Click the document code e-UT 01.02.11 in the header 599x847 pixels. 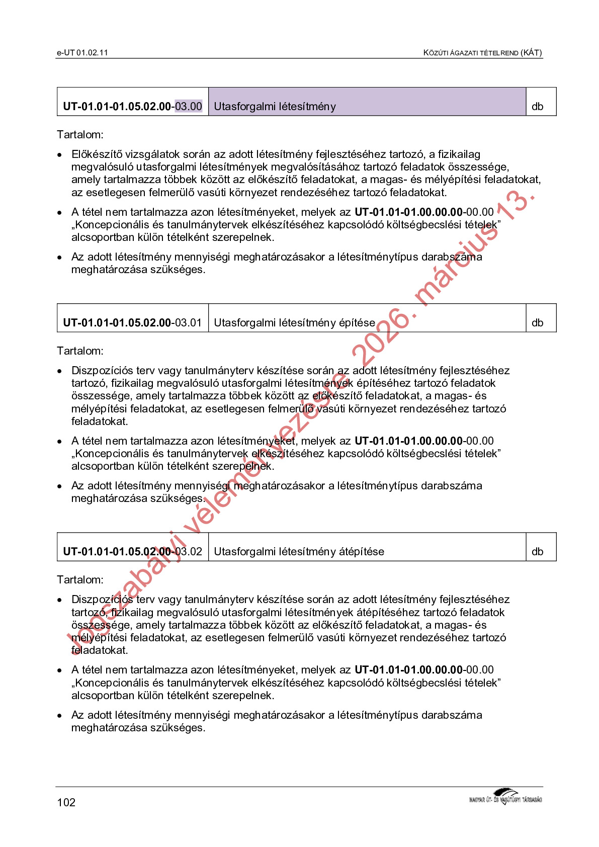tap(82, 52)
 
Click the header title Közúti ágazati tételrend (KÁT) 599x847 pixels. tap(482, 52)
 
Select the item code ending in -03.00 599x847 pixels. tap(133, 106)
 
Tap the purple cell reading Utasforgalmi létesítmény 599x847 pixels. tap(367, 102)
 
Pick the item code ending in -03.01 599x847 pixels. tap(133, 322)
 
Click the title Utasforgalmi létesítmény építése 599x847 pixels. tap(295, 322)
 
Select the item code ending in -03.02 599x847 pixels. tap(133, 551)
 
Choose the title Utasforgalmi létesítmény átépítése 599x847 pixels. tap(299, 551)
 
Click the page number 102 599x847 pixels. tap(66, 802)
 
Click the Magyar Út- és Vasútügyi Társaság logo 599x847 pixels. tap(505, 797)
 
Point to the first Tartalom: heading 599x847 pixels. tap(80, 134)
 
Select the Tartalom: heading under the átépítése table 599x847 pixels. tap(80, 579)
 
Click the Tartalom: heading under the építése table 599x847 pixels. tap(80, 351)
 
